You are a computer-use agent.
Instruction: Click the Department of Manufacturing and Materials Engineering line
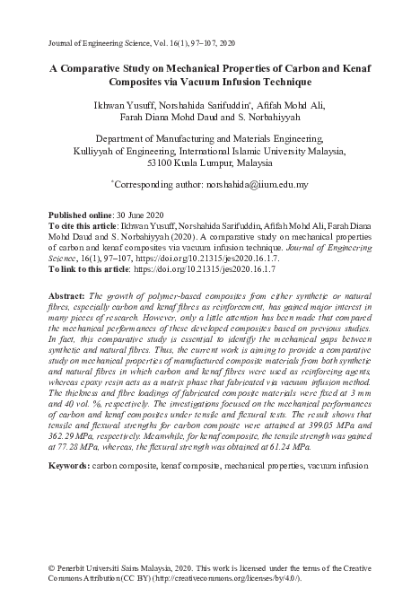[x=210, y=141]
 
